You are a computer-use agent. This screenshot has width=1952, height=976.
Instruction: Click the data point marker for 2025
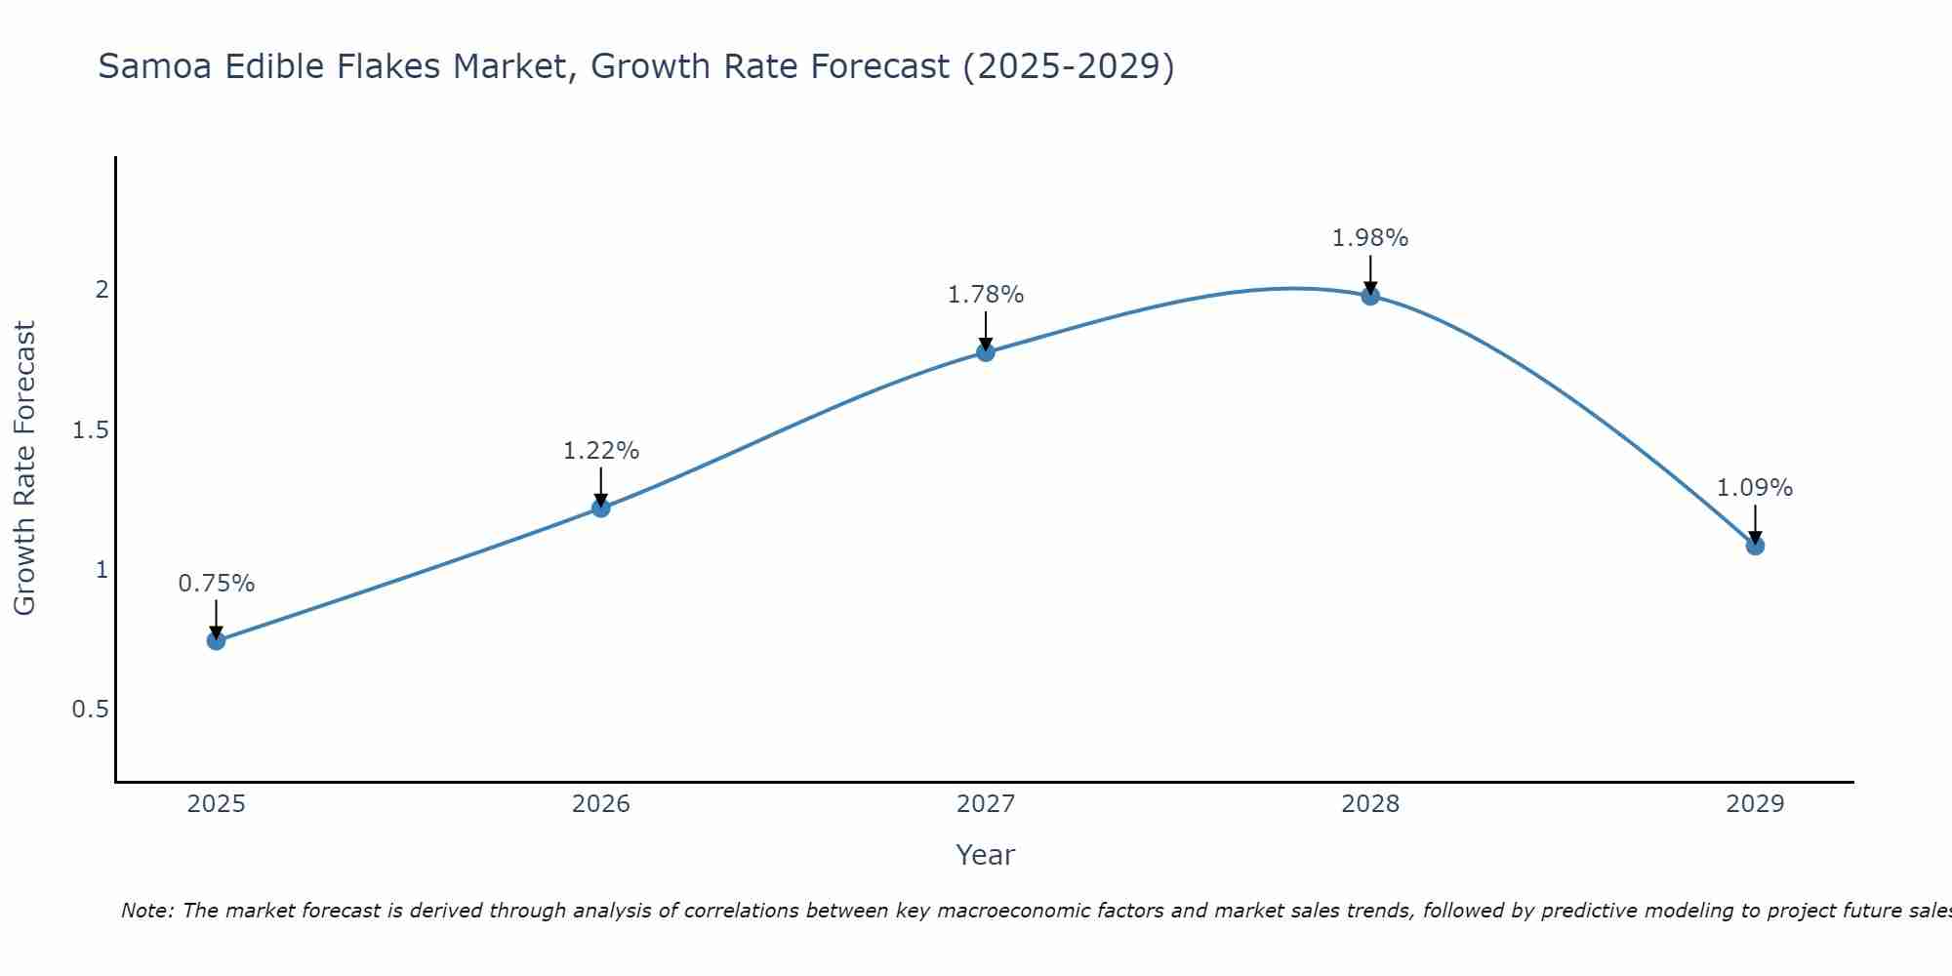click(x=216, y=640)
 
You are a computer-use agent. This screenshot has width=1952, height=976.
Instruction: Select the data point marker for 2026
click(x=600, y=508)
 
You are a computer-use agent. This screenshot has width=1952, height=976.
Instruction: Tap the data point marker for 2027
click(x=986, y=351)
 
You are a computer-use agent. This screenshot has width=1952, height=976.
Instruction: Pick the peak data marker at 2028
click(x=1370, y=295)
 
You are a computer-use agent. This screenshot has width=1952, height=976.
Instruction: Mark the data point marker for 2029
click(x=1755, y=545)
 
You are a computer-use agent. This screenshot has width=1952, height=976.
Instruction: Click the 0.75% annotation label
click(x=216, y=584)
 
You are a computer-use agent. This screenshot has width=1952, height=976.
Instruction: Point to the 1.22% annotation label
click(x=600, y=451)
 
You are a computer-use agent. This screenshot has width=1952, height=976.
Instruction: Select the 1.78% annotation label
click(x=986, y=295)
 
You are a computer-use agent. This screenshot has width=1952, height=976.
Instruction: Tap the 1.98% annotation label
click(x=1370, y=238)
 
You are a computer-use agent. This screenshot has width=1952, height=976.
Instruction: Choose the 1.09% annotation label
click(x=1755, y=488)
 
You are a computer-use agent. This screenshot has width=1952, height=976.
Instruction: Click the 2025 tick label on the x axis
click(x=216, y=804)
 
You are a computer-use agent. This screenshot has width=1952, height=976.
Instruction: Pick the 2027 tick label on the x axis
click(x=986, y=804)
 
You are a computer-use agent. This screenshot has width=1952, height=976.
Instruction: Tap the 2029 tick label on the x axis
click(x=1755, y=804)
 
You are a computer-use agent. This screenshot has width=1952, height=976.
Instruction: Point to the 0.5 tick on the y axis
click(x=90, y=710)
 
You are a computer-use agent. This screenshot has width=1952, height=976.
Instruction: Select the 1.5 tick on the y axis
click(x=90, y=430)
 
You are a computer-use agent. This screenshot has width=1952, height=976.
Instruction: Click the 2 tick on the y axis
click(x=101, y=290)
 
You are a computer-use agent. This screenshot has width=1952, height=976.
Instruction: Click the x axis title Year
click(x=986, y=855)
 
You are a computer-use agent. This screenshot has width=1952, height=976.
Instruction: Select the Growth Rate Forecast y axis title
click(x=24, y=468)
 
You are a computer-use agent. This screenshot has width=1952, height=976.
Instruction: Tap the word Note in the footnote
click(x=145, y=911)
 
